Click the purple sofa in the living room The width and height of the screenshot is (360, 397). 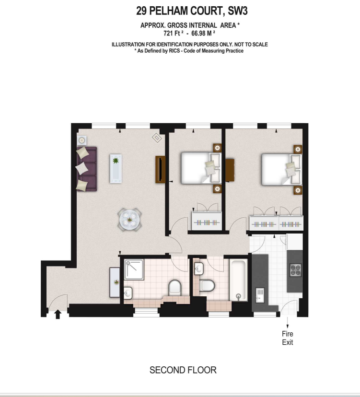point(86,169)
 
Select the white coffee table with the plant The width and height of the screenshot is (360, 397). point(116,168)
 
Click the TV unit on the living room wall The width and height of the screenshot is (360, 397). point(160,168)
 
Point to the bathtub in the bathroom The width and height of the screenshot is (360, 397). point(238,280)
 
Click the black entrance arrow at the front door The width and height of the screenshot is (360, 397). point(58,314)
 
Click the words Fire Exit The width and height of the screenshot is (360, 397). point(287,338)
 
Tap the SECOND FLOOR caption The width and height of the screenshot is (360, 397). point(183,370)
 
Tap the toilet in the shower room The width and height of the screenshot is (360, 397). point(174,288)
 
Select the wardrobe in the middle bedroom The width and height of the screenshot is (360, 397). point(207,220)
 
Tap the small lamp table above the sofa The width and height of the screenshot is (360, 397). point(82,140)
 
